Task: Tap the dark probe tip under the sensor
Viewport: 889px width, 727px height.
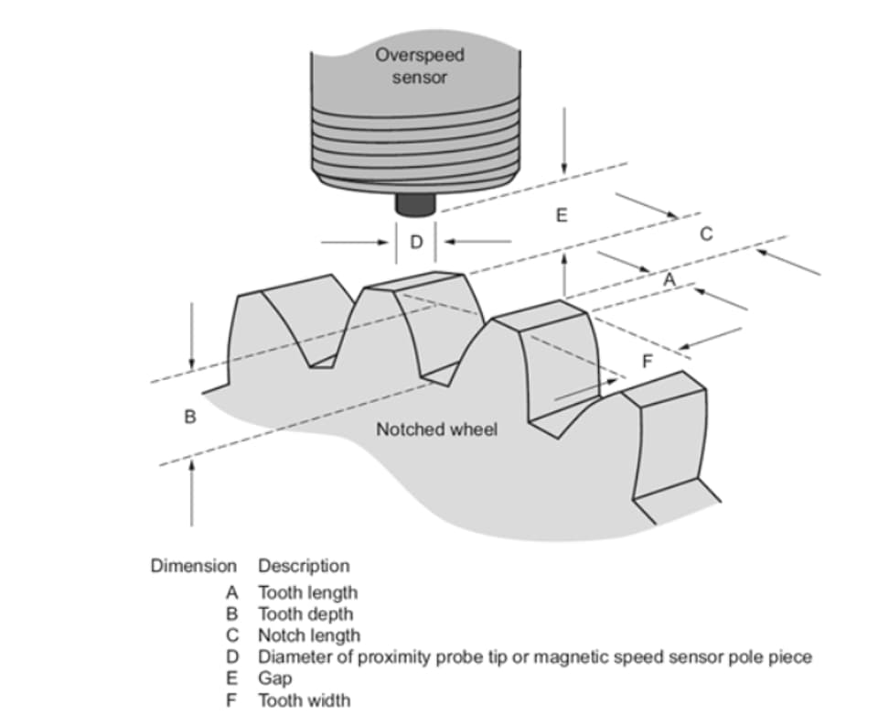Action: point(414,205)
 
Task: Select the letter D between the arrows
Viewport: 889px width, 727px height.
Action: point(417,243)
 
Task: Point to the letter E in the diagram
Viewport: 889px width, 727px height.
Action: point(562,216)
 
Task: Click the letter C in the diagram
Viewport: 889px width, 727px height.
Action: point(705,233)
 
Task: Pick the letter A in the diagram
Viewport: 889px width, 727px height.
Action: point(669,279)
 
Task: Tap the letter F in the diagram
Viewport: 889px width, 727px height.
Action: point(647,360)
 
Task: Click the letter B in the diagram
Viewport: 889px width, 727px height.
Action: point(190,417)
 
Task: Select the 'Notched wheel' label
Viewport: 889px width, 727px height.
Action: point(437,429)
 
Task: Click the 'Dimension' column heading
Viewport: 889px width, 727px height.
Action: point(193,566)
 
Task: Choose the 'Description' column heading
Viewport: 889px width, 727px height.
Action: point(304,566)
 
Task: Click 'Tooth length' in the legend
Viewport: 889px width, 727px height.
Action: point(307,592)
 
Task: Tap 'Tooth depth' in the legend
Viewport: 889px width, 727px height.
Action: point(305,613)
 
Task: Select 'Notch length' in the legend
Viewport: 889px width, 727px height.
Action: point(309,635)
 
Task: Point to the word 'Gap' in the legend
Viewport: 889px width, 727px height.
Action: point(274,678)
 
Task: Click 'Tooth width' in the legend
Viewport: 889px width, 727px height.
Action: point(304,700)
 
